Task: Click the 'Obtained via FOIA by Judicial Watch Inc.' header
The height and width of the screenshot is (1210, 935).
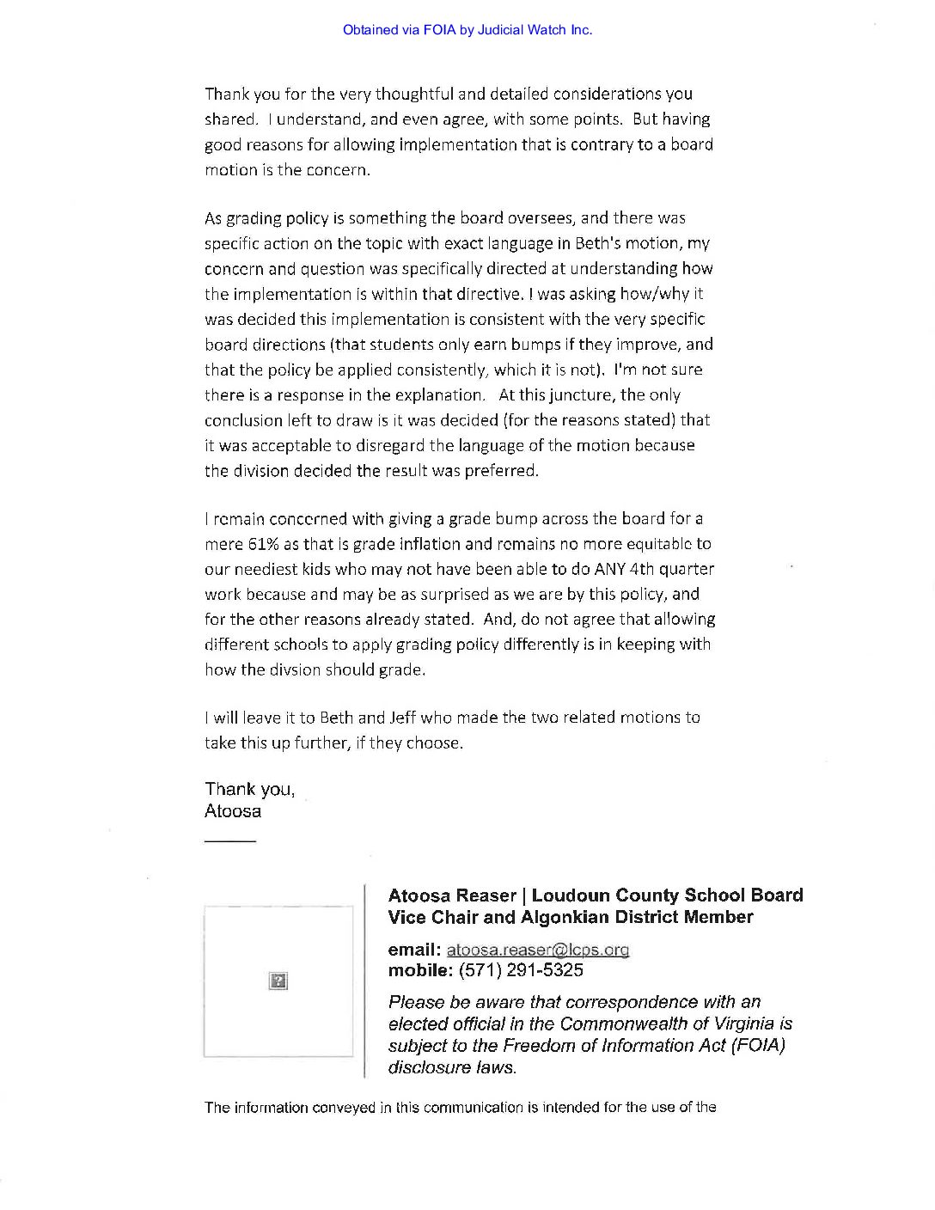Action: tap(467, 30)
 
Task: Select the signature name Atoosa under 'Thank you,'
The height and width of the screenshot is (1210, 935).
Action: tap(233, 811)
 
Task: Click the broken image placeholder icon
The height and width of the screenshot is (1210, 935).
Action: tap(278, 981)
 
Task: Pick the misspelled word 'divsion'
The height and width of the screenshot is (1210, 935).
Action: tap(290, 669)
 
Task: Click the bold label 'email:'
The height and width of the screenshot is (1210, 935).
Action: tap(414, 950)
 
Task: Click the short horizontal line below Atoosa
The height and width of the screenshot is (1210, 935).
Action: tap(230, 840)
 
